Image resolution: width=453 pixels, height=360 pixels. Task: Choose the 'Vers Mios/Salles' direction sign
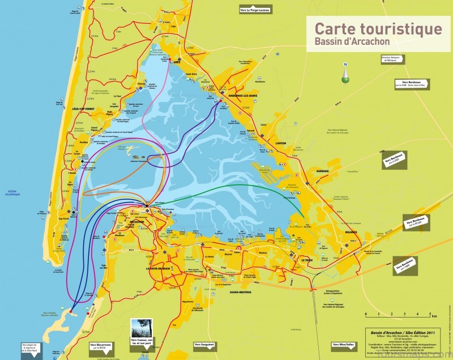(x=344, y=344)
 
